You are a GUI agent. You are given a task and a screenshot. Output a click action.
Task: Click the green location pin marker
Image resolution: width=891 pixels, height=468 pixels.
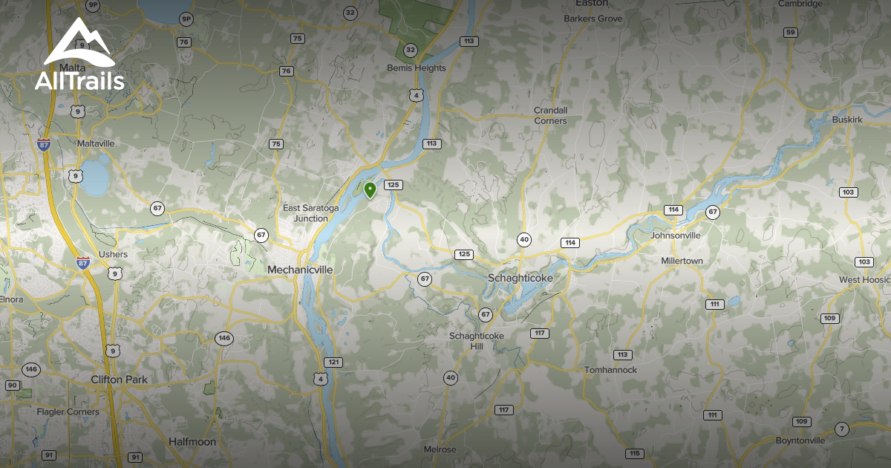pyautogui.click(x=370, y=190)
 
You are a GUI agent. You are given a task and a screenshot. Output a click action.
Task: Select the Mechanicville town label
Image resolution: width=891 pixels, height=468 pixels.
pyautogui.click(x=300, y=270)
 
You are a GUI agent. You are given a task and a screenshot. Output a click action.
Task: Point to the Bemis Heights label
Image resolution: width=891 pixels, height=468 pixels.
pyautogui.click(x=417, y=68)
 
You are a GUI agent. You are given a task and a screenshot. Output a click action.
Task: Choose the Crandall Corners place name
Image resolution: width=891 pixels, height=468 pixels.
pyautogui.click(x=550, y=115)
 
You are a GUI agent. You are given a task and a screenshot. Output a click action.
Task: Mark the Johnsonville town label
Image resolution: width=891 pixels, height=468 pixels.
pyautogui.click(x=675, y=235)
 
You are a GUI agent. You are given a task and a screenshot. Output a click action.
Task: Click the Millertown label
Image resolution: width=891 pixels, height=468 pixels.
pyautogui.click(x=682, y=261)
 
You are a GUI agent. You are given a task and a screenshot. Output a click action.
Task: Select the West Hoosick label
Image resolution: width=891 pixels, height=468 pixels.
pyautogui.click(x=864, y=280)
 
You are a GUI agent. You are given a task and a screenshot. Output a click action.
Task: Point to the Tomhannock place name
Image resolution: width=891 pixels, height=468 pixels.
pyautogui.click(x=610, y=370)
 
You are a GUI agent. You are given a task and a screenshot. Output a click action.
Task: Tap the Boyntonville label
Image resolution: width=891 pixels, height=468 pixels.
pyautogui.click(x=800, y=441)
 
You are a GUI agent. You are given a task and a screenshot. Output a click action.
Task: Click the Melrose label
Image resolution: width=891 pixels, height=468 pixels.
pyautogui.click(x=440, y=450)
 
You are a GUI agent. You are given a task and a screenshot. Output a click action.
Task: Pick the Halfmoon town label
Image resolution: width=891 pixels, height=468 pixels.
pyautogui.click(x=192, y=442)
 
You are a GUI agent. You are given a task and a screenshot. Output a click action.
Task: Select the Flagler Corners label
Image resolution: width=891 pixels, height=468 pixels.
pyautogui.click(x=68, y=412)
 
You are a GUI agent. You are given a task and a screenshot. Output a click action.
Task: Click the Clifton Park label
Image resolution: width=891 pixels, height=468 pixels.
pyautogui.click(x=119, y=380)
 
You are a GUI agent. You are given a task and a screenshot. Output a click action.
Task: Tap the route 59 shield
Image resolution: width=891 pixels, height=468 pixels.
pyautogui.click(x=790, y=32)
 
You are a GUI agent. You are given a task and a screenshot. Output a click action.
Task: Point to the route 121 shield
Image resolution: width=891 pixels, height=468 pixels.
pyautogui.click(x=334, y=363)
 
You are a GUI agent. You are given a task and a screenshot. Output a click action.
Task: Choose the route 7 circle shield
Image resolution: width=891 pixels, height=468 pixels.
pyautogui.click(x=841, y=429)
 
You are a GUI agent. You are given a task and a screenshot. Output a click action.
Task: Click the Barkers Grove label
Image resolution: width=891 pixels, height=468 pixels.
pyautogui.click(x=593, y=19)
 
